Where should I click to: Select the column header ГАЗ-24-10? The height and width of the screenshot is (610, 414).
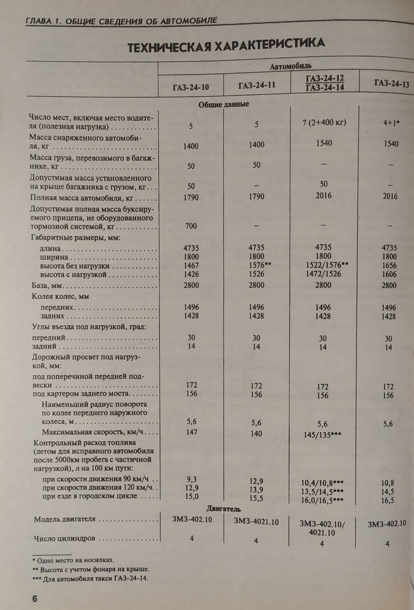tap(191, 87)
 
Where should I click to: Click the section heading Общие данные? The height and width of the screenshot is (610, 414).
tap(224, 104)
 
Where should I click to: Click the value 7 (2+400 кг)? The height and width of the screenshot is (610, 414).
tap(323, 122)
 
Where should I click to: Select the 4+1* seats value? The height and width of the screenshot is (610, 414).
tap(388, 122)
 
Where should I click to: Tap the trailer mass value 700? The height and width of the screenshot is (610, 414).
tap(191, 226)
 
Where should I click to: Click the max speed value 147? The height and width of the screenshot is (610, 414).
tap(192, 431)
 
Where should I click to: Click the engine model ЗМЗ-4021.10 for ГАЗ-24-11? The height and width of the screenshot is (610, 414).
tap(256, 522)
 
